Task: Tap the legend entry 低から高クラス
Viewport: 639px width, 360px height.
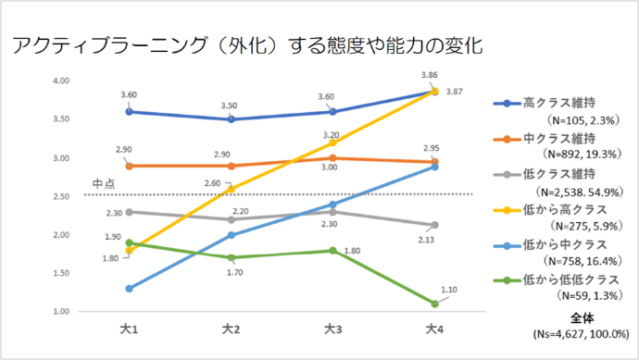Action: pos(562,209)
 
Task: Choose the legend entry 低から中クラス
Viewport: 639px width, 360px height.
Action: pos(562,244)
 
